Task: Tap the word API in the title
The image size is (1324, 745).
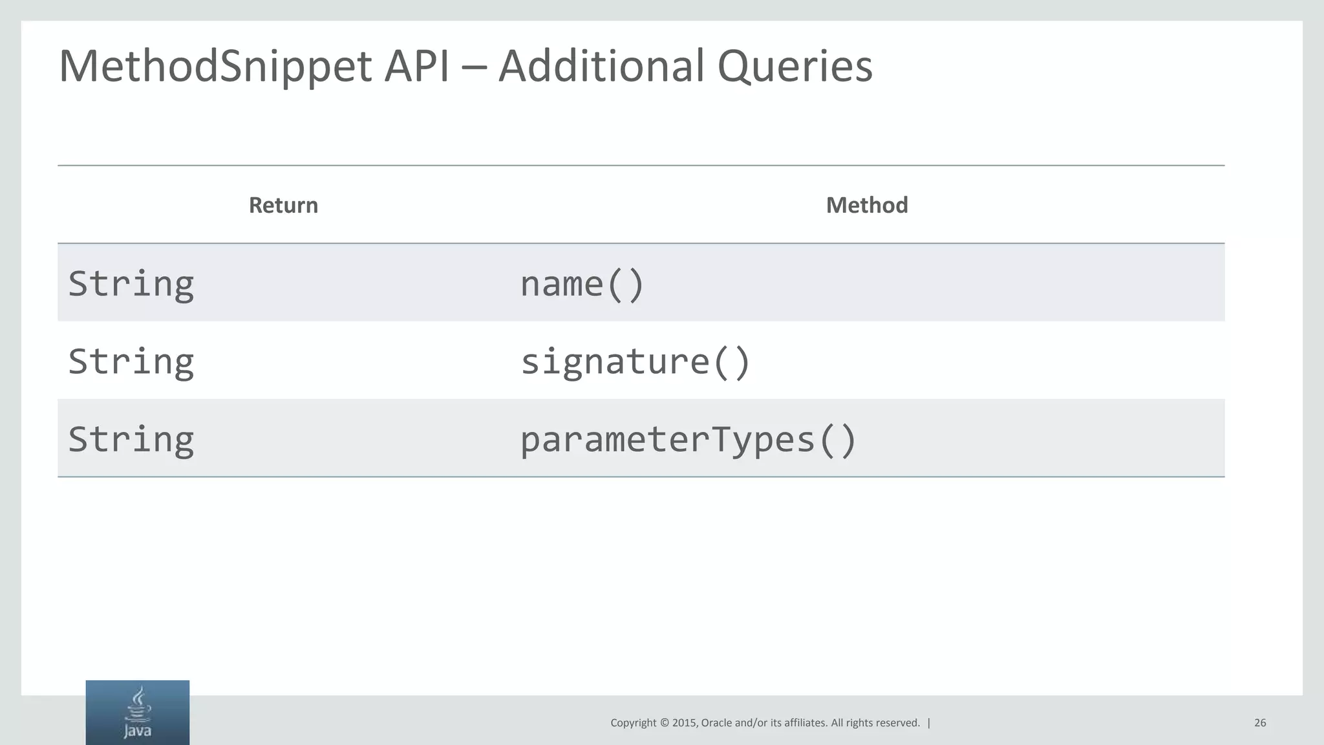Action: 416,67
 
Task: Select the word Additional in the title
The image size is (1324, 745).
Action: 601,67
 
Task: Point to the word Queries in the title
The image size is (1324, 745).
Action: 795,67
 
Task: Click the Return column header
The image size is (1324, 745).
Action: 283,205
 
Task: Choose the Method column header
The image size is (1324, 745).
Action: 867,205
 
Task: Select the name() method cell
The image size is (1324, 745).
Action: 582,284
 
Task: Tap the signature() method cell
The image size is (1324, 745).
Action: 635,362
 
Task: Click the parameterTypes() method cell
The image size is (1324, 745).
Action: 688,440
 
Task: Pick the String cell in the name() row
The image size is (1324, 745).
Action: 131,284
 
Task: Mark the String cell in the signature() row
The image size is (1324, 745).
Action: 131,362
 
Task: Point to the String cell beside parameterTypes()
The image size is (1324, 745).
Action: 131,440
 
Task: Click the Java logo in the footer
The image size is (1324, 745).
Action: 138,713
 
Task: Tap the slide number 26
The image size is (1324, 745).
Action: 1260,723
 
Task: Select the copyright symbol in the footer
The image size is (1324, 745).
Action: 664,723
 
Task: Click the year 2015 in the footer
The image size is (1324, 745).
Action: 685,723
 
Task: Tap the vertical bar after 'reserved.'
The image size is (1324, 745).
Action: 929,723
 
